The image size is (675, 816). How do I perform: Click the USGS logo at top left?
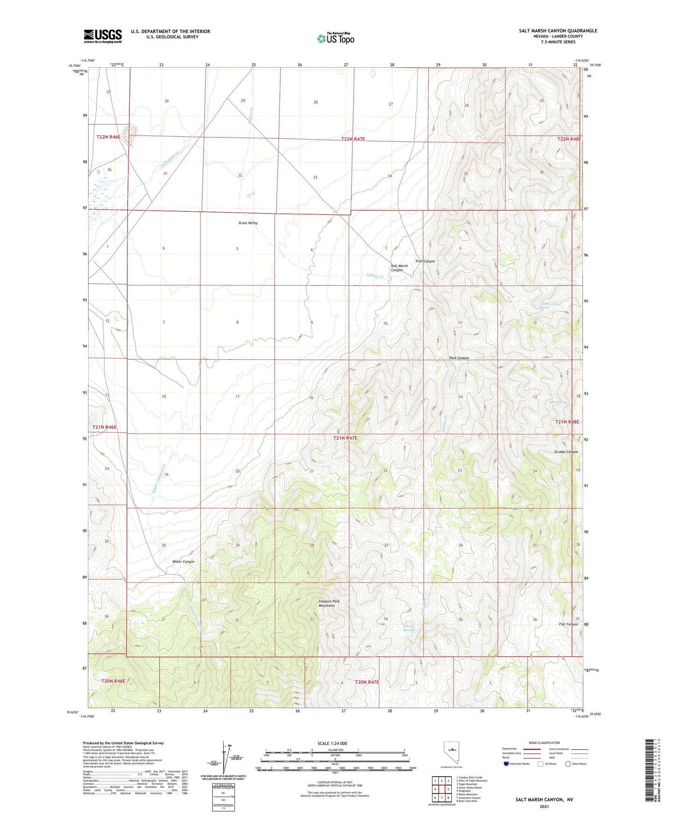(103, 36)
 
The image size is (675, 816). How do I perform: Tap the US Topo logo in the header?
(335, 38)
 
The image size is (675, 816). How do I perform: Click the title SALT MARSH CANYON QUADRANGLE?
(558, 31)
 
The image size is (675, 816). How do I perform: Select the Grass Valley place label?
(248, 223)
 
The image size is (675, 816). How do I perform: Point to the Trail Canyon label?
(425, 261)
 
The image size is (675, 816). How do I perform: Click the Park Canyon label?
(459, 358)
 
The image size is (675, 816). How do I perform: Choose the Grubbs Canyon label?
(566, 452)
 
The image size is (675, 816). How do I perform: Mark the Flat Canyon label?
(568, 624)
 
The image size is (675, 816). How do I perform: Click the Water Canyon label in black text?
(184, 561)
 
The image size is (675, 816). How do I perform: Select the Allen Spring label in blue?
(558, 402)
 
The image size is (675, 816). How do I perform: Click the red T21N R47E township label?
(345, 438)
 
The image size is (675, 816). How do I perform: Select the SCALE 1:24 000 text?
(332, 743)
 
